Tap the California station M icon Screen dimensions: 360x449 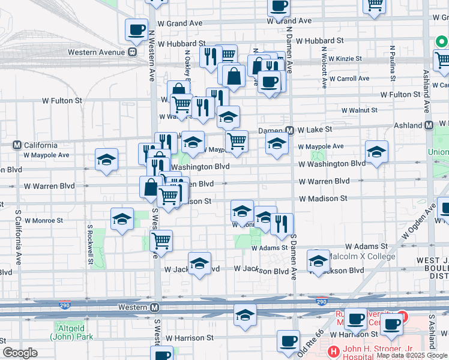point(17,145)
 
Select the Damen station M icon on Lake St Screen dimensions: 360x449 point(289,130)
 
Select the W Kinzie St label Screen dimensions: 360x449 point(342,58)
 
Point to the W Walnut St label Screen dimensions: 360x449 point(359,110)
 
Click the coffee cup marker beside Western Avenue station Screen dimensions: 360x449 point(136,29)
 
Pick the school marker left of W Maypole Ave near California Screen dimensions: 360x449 point(106,160)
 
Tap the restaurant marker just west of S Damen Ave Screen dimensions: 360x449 point(282,224)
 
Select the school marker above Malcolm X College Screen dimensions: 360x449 point(318,260)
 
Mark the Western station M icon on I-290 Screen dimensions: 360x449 point(155,308)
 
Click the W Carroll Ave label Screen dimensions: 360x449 point(349,79)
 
